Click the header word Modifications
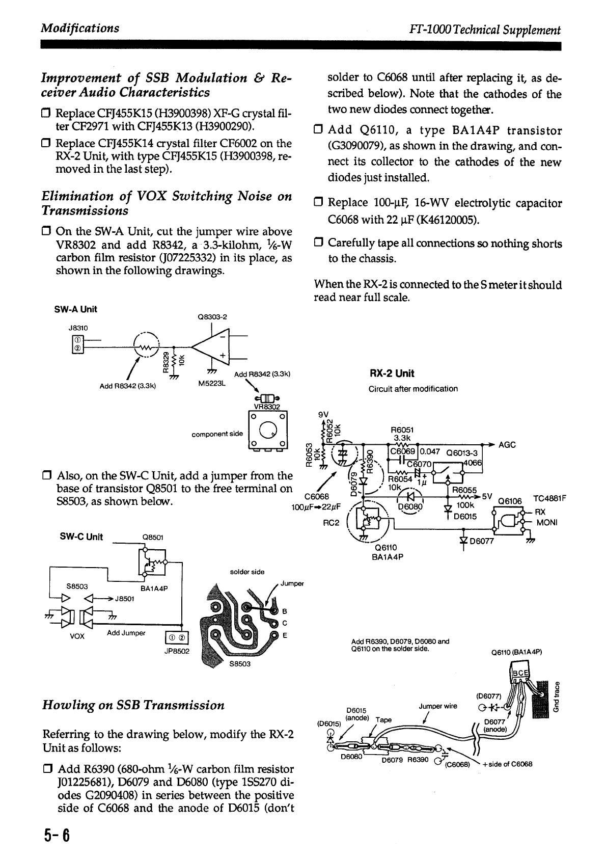[x=80, y=28]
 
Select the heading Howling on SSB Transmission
[x=133, y=705]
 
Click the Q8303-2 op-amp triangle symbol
[x=212, y=347]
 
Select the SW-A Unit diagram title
[x=75, y=309]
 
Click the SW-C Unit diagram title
[x=81, y=537]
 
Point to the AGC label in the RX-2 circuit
[x=507, y=445]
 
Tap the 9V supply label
[x=324, y=414]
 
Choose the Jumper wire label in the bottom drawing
[x=438, y=706]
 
